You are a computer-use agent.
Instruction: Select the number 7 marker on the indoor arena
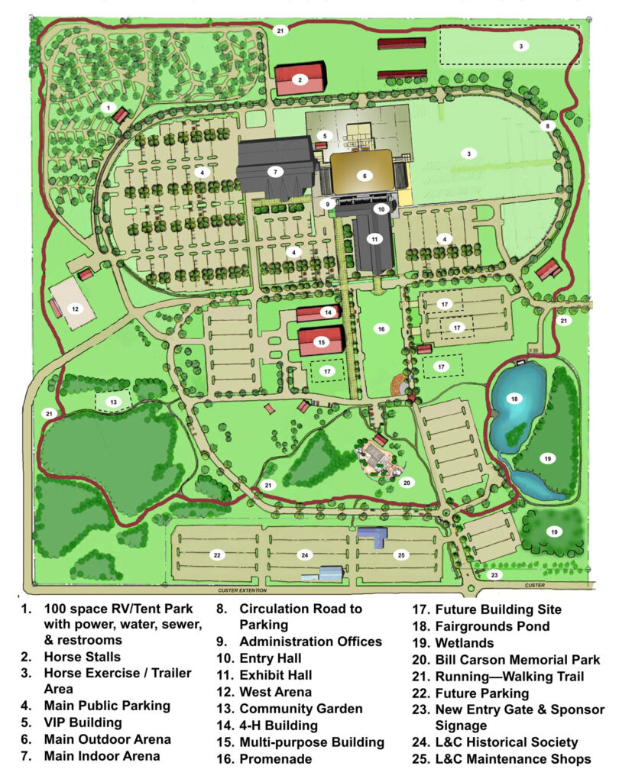point(274,171)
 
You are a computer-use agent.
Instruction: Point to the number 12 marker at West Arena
point(75,309)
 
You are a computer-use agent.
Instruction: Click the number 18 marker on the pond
point(514,399)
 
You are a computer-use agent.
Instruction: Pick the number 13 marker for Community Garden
point(112,402)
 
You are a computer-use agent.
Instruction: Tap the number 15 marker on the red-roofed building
point(321,342)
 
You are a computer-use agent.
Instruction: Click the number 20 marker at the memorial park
point(407,482)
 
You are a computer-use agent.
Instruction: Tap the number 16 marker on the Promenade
point(379,328)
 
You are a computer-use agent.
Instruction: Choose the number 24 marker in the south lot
point(304,554)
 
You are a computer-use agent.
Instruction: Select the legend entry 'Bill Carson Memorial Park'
point(517,659)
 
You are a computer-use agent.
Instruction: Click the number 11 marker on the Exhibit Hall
point(374,239)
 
